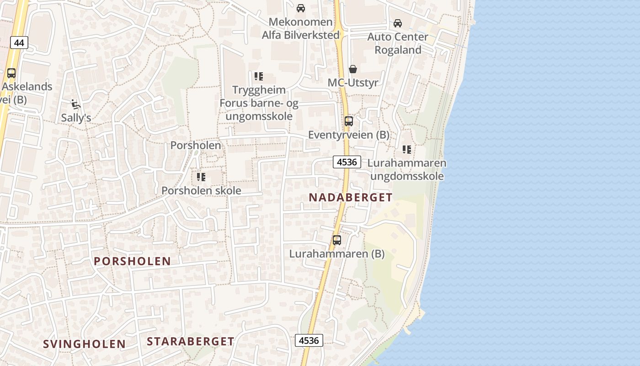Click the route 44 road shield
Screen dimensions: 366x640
click(19, 43)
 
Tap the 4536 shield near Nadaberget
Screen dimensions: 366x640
click(347, 162)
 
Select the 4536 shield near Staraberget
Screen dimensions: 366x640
click(309, 340)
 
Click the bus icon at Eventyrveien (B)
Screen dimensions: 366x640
click(349, 121)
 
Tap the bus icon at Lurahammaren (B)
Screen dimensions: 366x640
click(337, 240)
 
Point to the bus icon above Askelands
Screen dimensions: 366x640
click(11, 73)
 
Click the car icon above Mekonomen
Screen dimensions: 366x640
click(301, 8)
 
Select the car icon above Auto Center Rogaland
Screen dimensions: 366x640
click(398, 23)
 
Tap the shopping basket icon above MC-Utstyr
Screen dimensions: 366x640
click(353, 69)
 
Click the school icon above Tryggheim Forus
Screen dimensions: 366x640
click(259, 76)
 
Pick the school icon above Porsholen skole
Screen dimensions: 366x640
click(201, 177)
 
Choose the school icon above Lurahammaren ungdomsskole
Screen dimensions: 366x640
click(407, 150)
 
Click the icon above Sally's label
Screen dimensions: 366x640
click(76, 105)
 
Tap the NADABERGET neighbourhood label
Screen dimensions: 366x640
click(351, 198)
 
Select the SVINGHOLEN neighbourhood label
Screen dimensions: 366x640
click(85, 344)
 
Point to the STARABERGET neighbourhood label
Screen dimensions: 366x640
click(191, 341)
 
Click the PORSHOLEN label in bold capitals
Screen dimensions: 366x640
click(132, 261)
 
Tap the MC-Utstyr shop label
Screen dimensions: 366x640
click(353, 83)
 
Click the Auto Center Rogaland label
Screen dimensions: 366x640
click(398, 43)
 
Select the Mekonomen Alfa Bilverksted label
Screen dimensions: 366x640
click(301, 28)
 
